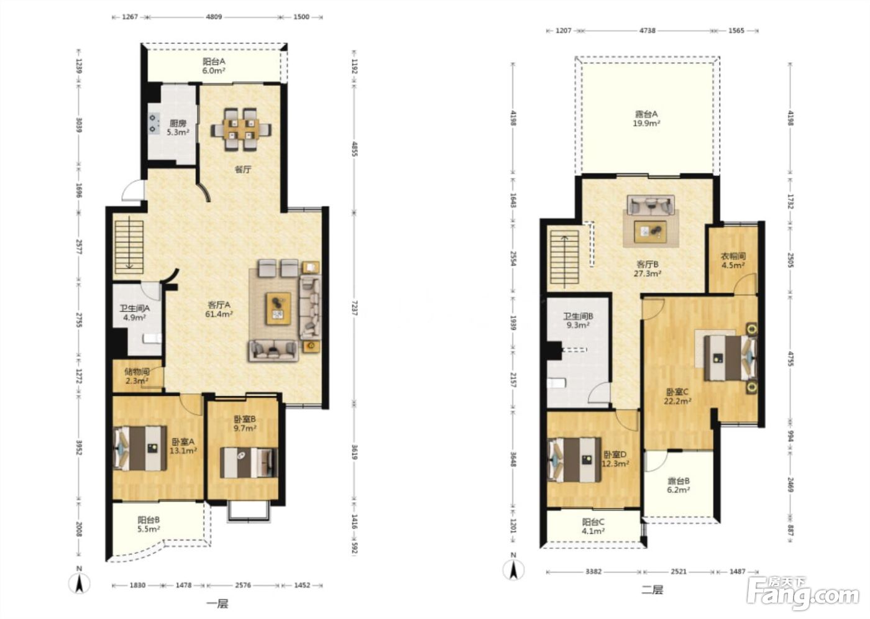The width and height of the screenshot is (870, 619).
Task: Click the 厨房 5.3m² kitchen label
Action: (x=178, y=128)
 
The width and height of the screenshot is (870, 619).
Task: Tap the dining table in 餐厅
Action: (x=241, y=129)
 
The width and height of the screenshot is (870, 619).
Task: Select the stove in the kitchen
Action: (x=154, y=123)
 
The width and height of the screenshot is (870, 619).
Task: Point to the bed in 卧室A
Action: (x=140, y=449)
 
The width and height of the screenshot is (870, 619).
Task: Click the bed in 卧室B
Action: (x=249, y=462)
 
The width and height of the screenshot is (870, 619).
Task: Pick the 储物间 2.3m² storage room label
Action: (x=137, y=376)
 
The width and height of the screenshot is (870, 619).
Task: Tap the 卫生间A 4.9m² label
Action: (x=134, y=313)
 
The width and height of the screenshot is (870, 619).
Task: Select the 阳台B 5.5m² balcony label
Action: (x=149, y=525)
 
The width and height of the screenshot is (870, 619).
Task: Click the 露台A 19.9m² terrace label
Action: (x=646, y=119)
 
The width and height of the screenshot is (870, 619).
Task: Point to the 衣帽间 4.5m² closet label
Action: (x=733, y=260)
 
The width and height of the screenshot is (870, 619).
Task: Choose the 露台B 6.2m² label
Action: (x=678, y=485)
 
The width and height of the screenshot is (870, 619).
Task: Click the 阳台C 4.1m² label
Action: (x=593, y=526)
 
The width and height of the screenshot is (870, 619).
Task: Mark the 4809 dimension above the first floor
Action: (x=214, y=17)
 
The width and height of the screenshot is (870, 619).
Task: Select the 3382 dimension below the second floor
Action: (x=593, y=572)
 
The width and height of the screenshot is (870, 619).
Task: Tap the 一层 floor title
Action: (x=217, y=604)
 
